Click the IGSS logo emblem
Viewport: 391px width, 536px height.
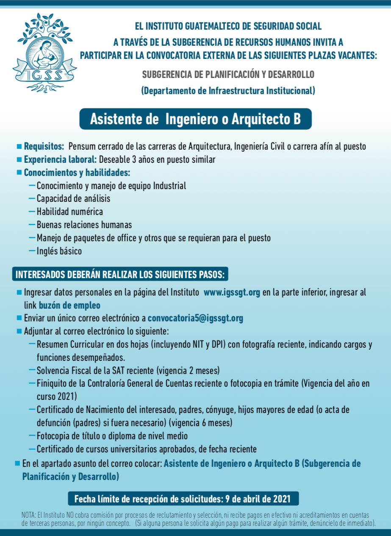click(44, 53)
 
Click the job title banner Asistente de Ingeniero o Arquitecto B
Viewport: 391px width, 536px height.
click(195, 119)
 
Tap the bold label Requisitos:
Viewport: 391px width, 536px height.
click(44, 147)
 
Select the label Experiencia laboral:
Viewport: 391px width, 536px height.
click(60, 160)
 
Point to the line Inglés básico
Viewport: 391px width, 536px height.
click(59, 251)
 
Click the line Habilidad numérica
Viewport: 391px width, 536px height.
click(69, 212)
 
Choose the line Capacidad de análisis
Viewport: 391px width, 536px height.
click(73, 198)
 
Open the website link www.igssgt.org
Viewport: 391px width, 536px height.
click(232, 293)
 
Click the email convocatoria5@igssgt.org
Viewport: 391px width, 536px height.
click(195, 318)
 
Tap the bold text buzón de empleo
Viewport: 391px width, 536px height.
click(69, 305)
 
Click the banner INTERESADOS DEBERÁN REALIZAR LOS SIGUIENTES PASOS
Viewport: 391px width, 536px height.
click(120, 274)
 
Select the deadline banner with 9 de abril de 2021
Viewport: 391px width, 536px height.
click(183, 499)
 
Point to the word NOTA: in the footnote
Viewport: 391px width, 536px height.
click(28, 515)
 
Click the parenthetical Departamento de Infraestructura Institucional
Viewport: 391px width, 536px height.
click(228, 91)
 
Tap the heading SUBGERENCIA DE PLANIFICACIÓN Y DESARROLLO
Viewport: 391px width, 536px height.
click(228, 75)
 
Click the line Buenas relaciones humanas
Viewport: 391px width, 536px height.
click(84, 225)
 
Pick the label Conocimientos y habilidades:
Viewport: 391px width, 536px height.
click(77, 173)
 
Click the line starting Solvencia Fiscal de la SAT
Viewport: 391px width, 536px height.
click(128, 371)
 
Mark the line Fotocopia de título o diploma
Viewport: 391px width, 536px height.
click(112, 436)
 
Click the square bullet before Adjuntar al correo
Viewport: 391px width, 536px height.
click(19, 331)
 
